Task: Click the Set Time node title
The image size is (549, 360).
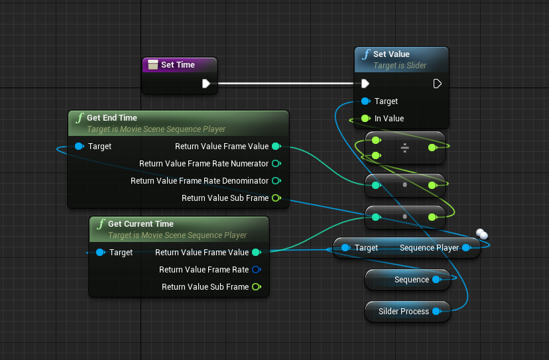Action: click(x=178, y=65)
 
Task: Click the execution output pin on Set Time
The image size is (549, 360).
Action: click(x=206, y=84)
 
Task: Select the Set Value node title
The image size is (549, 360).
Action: click(x=391, y=54)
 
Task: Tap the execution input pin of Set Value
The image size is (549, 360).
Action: click(x=365, y=84)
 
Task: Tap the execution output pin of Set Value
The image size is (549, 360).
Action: click(x=437, y=84)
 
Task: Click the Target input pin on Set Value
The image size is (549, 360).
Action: click(x=365, y=101)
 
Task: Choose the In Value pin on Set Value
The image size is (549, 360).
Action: click(x=365, y=119)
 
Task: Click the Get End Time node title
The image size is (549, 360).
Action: click(x=112, y=118)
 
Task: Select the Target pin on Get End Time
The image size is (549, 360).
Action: click(x=80, y=147)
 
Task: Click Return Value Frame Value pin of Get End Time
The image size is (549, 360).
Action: click(x=276, y=147)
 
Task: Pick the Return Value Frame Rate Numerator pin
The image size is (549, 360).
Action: click(x=276, y=164)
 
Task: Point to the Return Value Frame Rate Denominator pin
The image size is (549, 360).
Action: click(x=276, y=181)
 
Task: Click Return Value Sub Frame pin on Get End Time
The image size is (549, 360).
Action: click(x=276, y=198)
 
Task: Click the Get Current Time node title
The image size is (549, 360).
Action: click(x=141, y=224)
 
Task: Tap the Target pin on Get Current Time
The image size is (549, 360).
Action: click(x=100, y=253)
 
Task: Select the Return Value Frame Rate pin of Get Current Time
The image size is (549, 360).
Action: click(x=256, y=270)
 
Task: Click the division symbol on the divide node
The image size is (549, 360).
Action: click(x=404, y=149)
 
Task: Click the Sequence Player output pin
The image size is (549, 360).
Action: click(x=466, y=248)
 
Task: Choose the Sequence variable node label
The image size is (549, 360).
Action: click(x=411, y=280)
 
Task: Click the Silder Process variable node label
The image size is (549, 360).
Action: click(x=403, y=312)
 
